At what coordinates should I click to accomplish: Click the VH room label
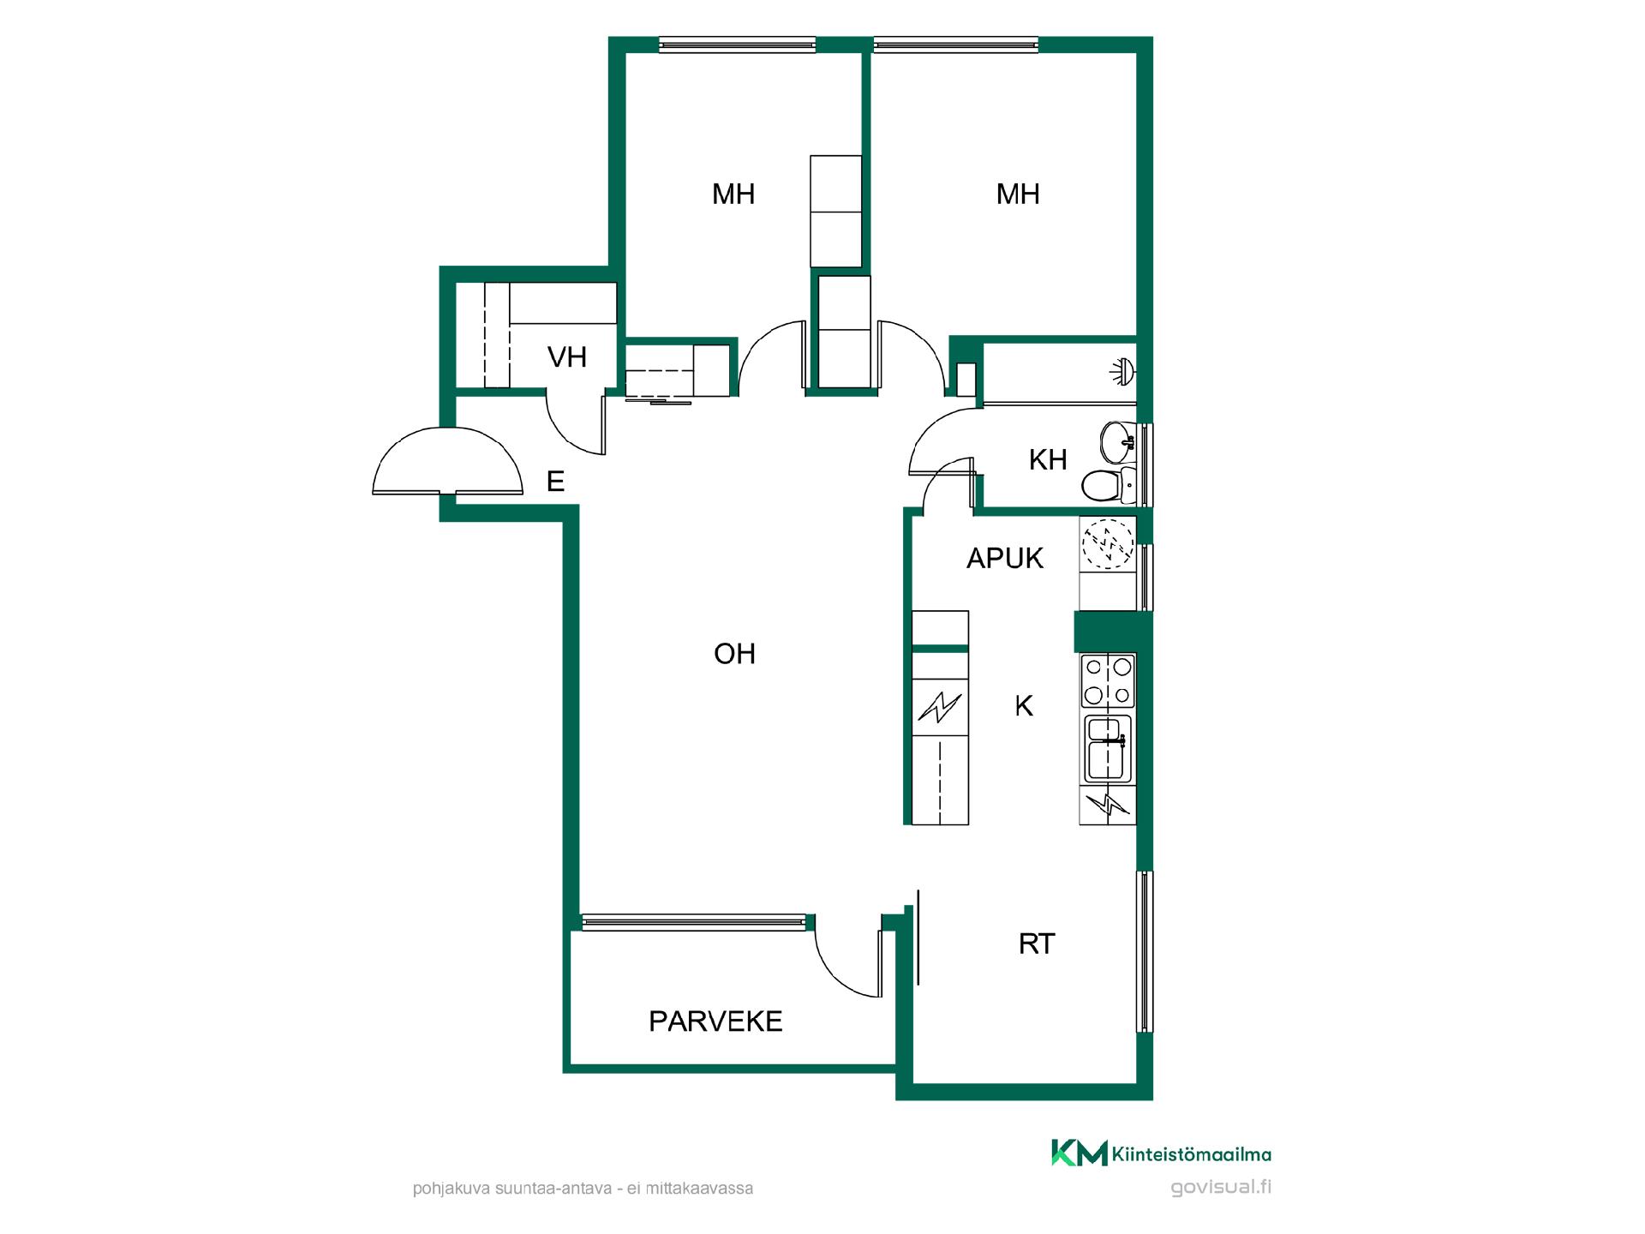click(567, 356)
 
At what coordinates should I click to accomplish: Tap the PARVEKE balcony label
click(715, 1021)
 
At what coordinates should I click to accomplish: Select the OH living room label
click(734, 654)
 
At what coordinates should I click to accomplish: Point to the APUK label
click(1005, 559)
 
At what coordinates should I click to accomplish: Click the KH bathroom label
click(1048, 460)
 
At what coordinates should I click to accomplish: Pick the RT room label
click(1037, 944)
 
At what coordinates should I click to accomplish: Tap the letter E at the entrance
click(555, 482)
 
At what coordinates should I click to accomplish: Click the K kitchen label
click(1024, 706)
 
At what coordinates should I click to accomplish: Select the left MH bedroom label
click(733, 195)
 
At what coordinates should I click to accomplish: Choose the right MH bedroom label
click(1018, 195)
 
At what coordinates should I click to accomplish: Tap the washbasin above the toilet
click(1117, 440)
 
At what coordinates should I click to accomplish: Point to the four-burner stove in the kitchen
click(1109, 680)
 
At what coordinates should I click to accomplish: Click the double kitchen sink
click(1109, 749)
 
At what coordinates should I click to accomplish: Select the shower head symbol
click(1122, 370)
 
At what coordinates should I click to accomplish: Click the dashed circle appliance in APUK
click(1108, 544)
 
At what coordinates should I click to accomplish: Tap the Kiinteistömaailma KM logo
click(1162, 1153)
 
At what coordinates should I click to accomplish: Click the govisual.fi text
click(1221, 1188)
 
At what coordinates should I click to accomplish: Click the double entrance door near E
click(447, 462)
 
